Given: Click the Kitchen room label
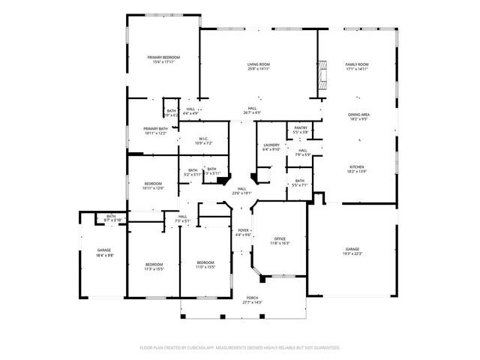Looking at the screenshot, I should coord(356,169).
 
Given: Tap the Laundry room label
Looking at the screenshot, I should coord(271,146).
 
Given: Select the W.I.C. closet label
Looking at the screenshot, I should coord(204,140).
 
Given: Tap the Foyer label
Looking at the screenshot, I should coord(244,232).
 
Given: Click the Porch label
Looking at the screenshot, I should coord(253,299).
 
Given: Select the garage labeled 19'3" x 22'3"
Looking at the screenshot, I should coord(352,250).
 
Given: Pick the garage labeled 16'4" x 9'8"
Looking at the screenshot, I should coord(103,252).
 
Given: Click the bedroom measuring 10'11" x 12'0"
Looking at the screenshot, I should coord(153,185).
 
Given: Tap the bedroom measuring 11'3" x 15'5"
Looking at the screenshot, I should coord(154,265).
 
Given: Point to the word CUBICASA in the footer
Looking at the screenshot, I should coord(226,348).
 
